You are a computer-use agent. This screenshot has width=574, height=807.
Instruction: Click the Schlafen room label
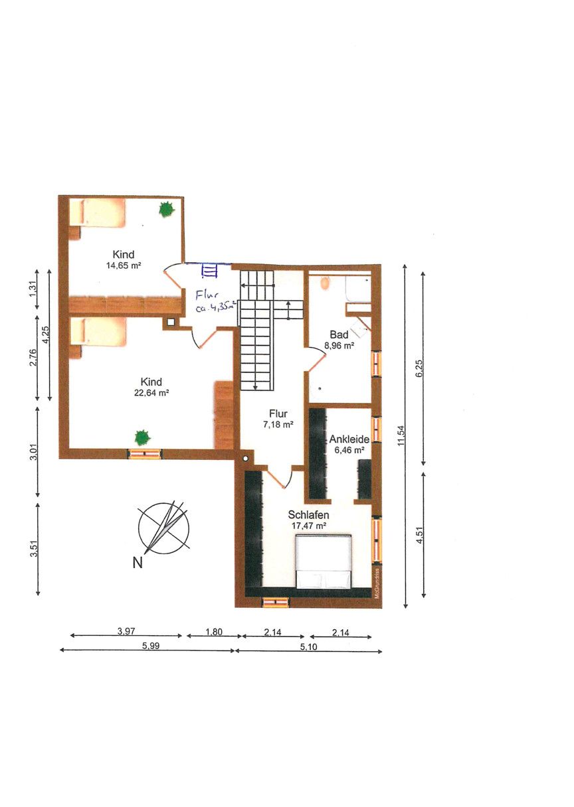pos(308,514)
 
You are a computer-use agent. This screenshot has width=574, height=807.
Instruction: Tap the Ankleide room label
pos(349,439)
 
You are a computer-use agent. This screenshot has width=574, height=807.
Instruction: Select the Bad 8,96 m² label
pos(339,340)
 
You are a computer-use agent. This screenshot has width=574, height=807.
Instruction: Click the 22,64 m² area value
pos(151,393)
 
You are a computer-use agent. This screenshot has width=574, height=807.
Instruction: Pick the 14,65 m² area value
pos(124,266)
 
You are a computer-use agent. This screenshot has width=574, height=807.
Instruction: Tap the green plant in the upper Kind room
pos(167,208)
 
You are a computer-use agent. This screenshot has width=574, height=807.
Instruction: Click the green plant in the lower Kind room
pos(142,437)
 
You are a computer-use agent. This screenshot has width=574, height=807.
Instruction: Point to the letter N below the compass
pos(138,562)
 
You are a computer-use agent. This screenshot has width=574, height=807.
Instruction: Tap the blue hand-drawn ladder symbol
pos(209,270)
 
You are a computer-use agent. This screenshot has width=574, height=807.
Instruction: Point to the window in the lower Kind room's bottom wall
pos(145,453)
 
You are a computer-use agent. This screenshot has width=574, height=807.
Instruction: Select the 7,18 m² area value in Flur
pos(278,425)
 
